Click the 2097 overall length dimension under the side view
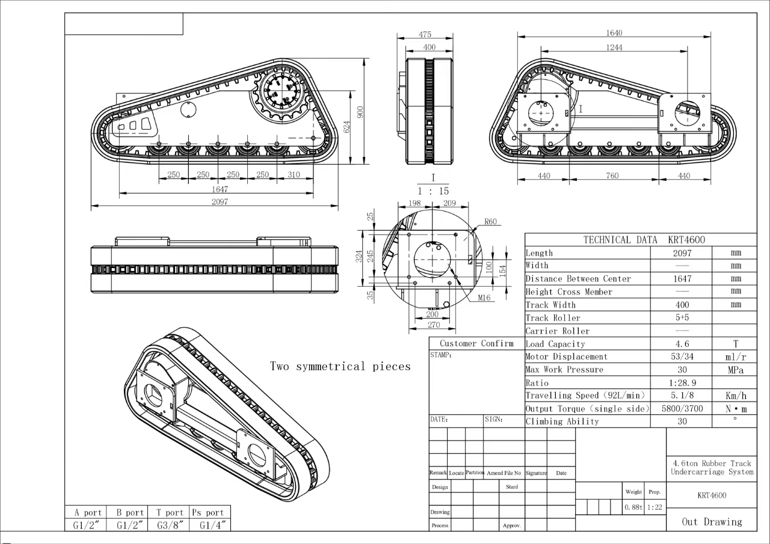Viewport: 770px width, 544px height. coord(220,202)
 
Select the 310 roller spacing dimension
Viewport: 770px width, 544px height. coord(293,175)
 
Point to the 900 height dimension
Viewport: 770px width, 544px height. coord(360,112)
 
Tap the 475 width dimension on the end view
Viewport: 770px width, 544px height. coord(425,34)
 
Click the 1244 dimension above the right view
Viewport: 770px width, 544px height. coord(614,47)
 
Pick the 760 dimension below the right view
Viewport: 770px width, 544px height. coord(612,176)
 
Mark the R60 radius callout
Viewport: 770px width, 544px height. coord(491,222)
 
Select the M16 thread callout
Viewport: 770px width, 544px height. coord(484,298)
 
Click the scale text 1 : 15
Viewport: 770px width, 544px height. coord(433,191)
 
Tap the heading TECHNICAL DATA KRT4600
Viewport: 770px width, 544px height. coord(640,240)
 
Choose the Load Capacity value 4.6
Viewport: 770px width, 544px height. coord(682,344)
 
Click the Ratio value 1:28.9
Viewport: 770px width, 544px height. coord(682,383)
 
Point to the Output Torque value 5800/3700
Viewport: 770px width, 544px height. coord(682,409)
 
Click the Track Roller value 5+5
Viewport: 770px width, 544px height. coord(682,318)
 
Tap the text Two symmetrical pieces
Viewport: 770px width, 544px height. coord(340,367)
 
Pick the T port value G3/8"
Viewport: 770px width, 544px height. coord(168,525)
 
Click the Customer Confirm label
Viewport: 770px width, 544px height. coord(476,343)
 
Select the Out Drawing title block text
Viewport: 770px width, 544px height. coord(712,522)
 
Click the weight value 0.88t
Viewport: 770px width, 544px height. coord(633,507)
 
